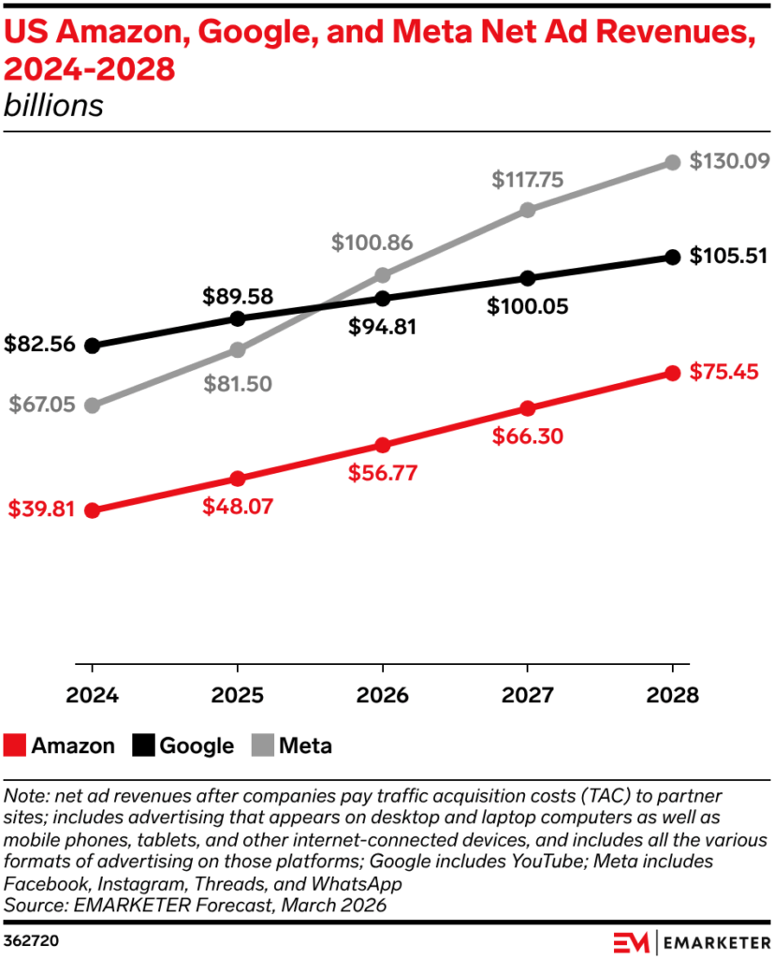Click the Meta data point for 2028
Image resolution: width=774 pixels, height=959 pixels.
672,163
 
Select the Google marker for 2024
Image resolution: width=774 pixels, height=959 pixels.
92,346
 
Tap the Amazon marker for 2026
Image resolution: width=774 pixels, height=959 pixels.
382,445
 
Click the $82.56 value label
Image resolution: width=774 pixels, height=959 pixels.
39,345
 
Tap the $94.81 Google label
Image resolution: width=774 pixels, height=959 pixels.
382,327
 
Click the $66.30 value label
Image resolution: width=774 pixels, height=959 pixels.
527,437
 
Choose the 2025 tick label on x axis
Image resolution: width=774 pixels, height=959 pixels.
237,696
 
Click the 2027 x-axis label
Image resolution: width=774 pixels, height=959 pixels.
527,696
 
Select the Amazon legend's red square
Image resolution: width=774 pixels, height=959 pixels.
15,745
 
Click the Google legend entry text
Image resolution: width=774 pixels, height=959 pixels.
197,745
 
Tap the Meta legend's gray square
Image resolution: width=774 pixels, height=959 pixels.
266,745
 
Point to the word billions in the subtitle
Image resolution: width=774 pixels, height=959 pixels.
53,106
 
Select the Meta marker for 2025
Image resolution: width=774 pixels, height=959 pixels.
237,350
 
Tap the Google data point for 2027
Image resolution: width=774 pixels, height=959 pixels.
527,278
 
